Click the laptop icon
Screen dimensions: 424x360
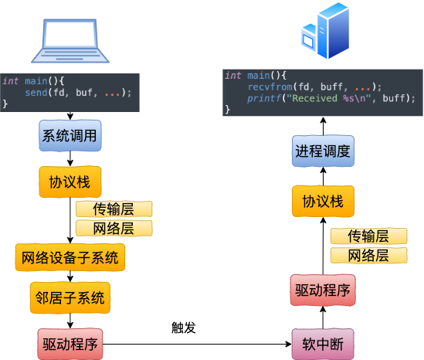pos(70,41)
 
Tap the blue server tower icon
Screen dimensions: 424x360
pos(325,31)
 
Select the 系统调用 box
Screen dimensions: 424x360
pos(70,135)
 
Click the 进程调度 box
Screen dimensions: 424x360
pos(323,151)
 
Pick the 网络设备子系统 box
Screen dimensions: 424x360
pos(70,257)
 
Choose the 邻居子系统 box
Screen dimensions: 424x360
pos(70,297)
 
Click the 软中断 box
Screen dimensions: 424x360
pos(323,344)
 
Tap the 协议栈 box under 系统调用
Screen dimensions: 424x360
pos(70,182)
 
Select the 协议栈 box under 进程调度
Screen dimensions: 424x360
pos(323,201)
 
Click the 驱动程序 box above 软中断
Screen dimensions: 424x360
pos(323,290)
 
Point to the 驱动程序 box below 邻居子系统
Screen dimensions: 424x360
pos(70,344)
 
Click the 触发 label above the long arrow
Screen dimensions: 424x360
pos(184,328)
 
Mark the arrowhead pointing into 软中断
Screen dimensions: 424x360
pos(289,345)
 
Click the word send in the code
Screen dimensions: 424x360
pos(36,93)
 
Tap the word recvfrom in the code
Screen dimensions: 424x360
pos(270,87)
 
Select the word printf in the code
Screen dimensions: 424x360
pos(264,98)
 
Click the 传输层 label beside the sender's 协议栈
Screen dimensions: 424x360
pos(114,209)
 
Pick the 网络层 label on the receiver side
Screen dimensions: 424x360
pos(368,256)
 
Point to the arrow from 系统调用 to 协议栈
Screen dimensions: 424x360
pos(70,159)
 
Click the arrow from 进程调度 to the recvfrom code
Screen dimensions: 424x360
pos(323,127)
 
